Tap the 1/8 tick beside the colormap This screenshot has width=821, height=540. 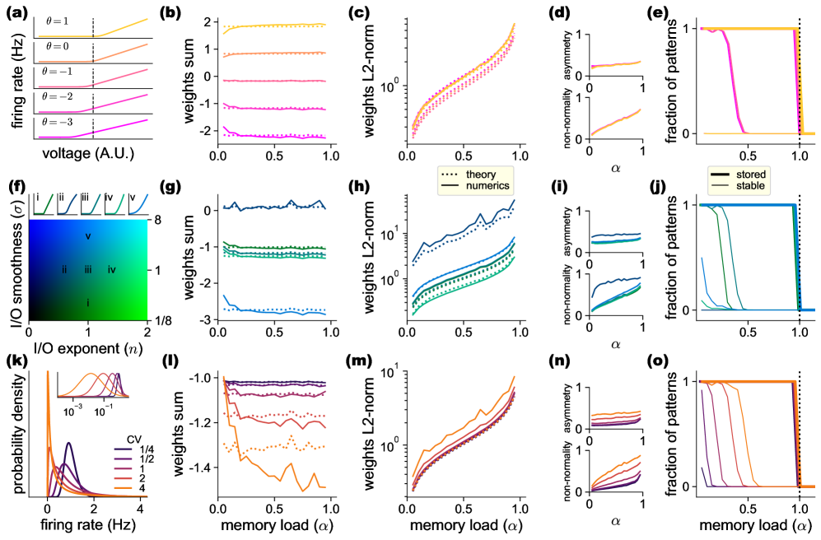159,319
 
